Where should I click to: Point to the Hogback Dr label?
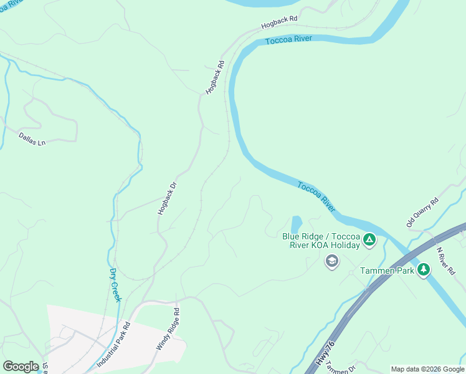pos(164,198)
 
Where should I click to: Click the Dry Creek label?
pos(115,285)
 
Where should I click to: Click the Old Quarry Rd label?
pos(423,212)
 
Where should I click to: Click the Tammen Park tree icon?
pos(424,269)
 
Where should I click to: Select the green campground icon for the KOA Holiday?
pos(369,239)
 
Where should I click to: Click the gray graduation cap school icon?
pos(332,261)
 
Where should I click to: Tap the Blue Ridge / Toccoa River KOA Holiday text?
pos(321,241)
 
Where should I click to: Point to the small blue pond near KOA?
pos(296,224)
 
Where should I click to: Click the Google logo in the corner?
pos(21,367)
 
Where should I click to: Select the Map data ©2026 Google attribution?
pos(427,369)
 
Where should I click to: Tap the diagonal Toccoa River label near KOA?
pos(316,194)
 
